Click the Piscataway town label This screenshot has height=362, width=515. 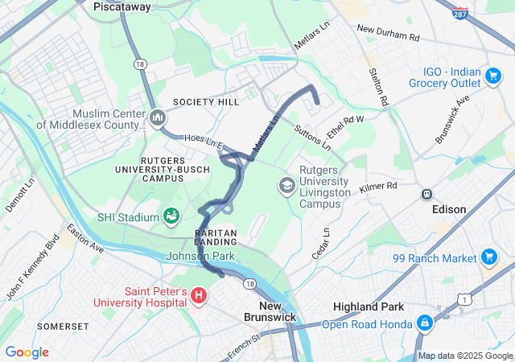pos(123,6)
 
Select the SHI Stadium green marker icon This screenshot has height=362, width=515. pos(171,216)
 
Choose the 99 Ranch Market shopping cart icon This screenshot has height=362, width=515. pos(488,257)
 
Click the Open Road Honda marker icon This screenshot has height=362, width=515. pos(424,324)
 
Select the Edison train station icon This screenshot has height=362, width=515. pos(426,194)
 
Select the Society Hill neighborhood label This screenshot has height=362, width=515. pos(205,103)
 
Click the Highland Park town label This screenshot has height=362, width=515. pos(366,307)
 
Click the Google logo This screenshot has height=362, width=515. pos(27,352)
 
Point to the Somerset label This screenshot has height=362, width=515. pos(63,326)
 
